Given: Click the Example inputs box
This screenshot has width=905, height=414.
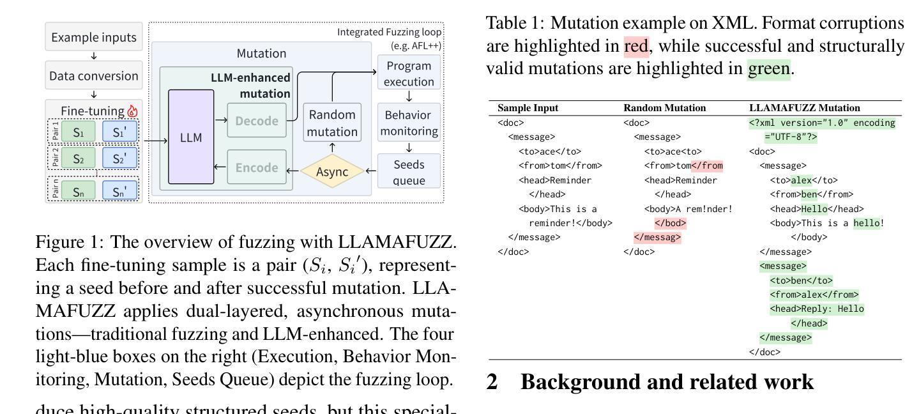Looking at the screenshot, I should pyautogui.click(x=94, y=38).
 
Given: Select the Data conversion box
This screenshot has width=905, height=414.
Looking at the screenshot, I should pyautogui.click(x=94, y=76).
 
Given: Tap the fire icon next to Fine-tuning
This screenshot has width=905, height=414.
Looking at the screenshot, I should pyautogui.click(x=133, y=111).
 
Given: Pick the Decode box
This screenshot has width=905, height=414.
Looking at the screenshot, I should pyautogui.click(x=257, y=121).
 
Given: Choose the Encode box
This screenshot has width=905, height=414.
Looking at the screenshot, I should pyautogui.click(x=257, y=168).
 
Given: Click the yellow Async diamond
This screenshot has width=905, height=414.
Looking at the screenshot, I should pyautogui.click(x=331, y=171).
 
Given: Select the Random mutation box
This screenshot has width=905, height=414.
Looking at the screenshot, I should pyautogui.click(x=332, y=123).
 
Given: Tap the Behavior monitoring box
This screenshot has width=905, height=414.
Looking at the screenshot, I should pyautogui.click(x=409, y=123).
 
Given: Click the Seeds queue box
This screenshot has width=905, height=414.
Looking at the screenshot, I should pyautogui.click(x=409, y=171).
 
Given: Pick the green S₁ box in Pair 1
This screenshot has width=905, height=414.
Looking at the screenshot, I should pyautogui.click(x=79, y=132).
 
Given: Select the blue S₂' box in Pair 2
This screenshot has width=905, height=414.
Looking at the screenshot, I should pyautogui.click(x=119, y=158).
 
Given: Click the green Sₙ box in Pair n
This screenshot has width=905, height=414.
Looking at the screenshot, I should pyautogui.click(x=79, y=190).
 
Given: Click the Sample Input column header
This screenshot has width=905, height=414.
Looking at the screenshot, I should pyautogui.click(x=527, y=108).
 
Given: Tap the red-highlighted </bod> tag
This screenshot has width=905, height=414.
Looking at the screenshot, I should pyautogui.click(x=670, y=223).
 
